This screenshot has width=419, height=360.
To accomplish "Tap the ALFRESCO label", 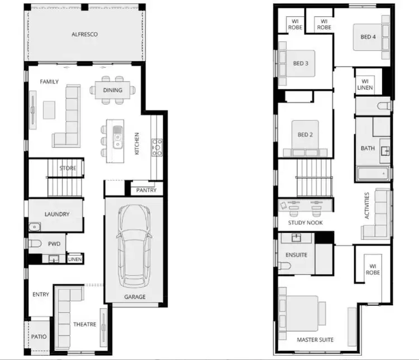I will coord(84,35).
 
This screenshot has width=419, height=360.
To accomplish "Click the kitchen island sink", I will coord(118,135).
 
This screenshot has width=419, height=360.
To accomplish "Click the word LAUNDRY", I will coord(56,214).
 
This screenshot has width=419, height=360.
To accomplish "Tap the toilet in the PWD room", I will coord(35,244).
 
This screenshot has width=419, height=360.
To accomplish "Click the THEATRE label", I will coord(84,324).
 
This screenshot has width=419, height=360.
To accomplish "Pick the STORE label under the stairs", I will coord(68,168).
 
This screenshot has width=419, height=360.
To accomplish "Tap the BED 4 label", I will coord(368,37).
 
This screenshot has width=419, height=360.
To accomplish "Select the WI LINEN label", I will coord(365,84).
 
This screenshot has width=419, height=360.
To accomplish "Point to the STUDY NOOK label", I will coord(305,223).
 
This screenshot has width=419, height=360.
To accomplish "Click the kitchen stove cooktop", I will coord(157,147).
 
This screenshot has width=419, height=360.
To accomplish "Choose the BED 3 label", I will coord(301,64).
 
